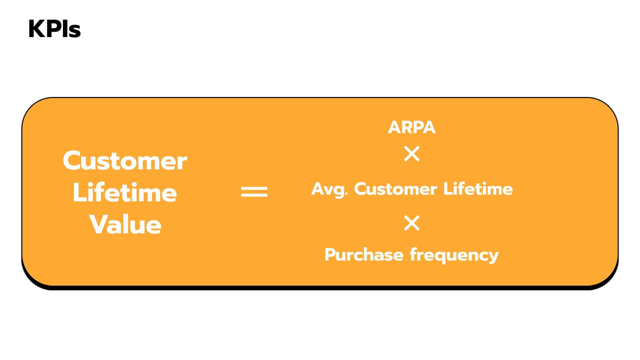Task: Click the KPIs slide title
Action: pos(54,29)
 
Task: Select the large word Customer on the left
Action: pos(125,161)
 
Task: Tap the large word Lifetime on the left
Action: pos(125,193)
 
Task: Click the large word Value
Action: pos(125,225)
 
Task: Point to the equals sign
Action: pos(254,192)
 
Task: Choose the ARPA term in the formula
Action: pos(412,127)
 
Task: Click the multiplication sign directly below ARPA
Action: pos(412,154)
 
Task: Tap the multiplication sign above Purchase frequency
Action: pos(412,223)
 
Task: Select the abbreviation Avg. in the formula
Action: pos(329,189)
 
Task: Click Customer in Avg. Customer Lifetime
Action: pos(395,189)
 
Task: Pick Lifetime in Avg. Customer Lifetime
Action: pos(478,189)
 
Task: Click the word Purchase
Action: pos(364,255)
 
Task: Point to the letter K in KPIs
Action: pos(37,29)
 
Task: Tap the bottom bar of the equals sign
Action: pos(254,195)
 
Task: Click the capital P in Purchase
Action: pos(331,255)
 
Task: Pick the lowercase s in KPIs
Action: pos(75,31)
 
